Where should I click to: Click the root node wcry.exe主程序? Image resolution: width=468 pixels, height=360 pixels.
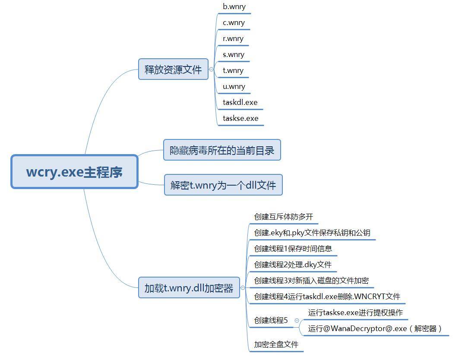74,172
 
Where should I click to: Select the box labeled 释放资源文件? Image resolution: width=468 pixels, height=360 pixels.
173,69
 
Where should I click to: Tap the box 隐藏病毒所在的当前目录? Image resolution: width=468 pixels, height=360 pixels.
222,150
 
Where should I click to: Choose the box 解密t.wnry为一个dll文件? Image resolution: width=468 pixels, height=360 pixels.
223,185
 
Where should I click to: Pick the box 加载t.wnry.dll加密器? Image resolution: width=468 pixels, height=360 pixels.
189,288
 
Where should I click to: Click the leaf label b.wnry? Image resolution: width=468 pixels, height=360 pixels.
234,6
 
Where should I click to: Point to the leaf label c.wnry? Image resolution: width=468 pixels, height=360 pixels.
234,23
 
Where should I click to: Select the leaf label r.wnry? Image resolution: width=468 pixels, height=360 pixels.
233,39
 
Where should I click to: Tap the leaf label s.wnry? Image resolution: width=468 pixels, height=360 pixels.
234,55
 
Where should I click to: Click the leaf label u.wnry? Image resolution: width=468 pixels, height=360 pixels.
234,87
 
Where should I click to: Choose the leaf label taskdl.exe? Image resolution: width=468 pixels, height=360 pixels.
240,102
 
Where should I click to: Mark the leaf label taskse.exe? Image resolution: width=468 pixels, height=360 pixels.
240,119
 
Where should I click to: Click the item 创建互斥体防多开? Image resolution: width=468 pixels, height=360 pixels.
284,217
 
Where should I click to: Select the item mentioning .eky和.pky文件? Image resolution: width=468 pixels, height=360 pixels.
312,233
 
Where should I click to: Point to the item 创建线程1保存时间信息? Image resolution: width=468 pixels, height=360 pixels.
293,249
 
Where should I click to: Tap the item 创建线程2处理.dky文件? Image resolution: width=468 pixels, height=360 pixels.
293,265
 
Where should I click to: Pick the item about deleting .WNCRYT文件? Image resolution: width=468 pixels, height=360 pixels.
327,297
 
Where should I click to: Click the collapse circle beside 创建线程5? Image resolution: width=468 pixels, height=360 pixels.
297,320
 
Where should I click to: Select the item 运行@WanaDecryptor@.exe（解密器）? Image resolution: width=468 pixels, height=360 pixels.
375,328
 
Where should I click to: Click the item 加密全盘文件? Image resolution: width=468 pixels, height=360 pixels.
276,344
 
